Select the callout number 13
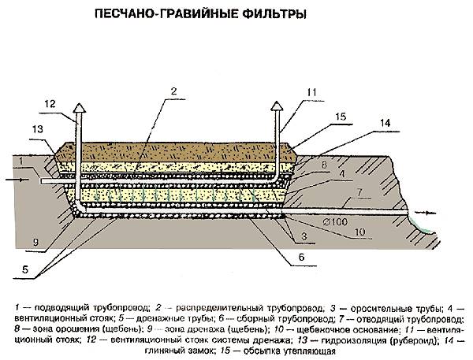(x=37, y=129)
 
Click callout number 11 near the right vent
(x=311, y=93)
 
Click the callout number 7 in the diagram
(x=358, y=192)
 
